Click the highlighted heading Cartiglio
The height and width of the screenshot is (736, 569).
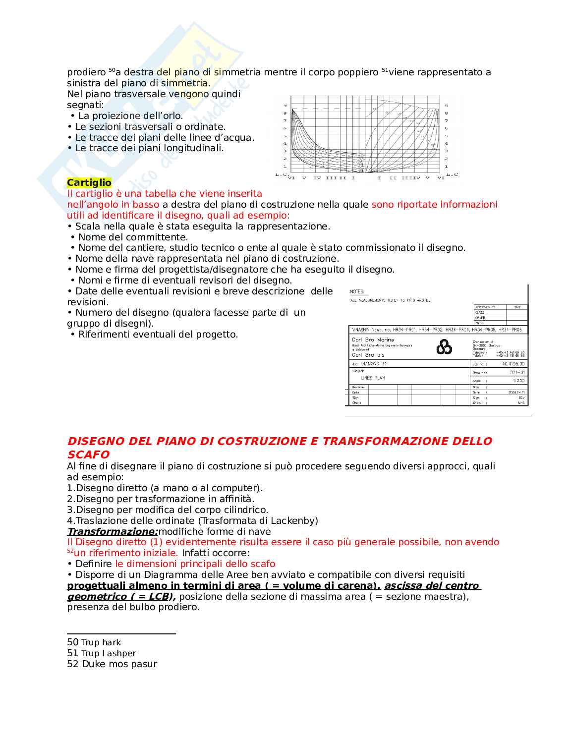click(x=89, y=182)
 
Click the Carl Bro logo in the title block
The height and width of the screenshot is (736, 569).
click(x=444, y=347)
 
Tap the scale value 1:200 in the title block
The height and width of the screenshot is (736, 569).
click(x=518, y=381)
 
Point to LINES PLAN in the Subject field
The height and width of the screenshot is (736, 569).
click(x=373, y=378)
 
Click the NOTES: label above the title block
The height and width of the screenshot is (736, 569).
click(x=357, y=292)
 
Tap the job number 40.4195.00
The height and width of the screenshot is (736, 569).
click(x=513, y=364)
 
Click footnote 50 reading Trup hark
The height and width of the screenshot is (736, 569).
click(x=94, y=642)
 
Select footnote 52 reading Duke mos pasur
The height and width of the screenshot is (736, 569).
click(x=112, y=664)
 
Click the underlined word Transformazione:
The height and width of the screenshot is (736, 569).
click(x=113, y=531)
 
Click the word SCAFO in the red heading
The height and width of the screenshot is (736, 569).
click(x=88, y=454)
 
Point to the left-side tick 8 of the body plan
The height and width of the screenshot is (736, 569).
click(x=285, y=113)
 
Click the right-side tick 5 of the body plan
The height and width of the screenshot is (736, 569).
click(x=446, y=136)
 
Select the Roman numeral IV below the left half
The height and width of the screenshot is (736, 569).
click(x=317, y=177)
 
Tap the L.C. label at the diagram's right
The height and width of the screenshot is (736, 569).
click(x=452, y=174)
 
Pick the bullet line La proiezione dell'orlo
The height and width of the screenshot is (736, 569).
click(x=130, y=116)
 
